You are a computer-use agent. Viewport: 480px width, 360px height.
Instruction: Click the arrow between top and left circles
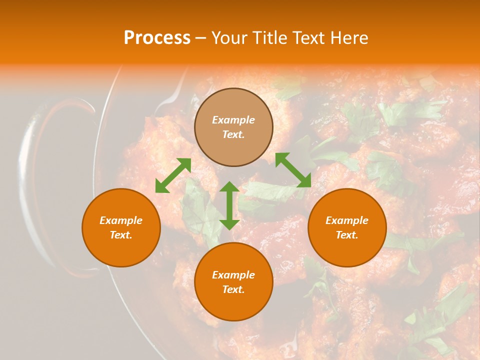pos(173,175)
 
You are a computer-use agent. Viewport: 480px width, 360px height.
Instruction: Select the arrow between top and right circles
pos(293,170)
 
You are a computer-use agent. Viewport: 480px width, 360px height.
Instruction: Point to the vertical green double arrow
pos(229,205)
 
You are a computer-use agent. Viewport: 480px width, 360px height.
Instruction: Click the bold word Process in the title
pos(157,38)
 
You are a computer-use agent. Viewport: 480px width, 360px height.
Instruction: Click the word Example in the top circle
pos(233,120)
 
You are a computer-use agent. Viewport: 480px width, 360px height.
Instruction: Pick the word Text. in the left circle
pos(121,235)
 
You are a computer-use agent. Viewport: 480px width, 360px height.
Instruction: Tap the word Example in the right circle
pos(347,220)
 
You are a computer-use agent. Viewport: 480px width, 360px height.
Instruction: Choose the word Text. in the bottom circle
pos(233,289)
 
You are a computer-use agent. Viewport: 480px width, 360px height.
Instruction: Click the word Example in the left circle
pos(121,220)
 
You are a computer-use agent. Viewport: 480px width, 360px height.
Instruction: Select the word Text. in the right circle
pos(347,235)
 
